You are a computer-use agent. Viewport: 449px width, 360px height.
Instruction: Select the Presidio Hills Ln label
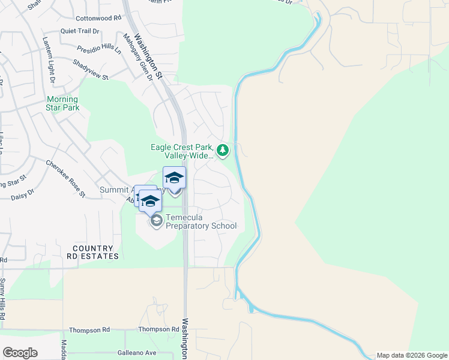99,49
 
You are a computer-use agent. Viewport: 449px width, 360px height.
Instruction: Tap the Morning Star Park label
63,103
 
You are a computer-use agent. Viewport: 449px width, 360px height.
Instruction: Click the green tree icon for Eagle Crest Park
223,150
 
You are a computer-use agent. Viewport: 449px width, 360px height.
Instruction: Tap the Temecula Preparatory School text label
200,222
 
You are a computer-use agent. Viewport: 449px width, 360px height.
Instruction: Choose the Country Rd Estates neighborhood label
92,252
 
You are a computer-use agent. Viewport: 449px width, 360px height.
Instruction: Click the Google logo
20,353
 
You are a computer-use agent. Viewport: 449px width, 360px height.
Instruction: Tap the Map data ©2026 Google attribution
412,355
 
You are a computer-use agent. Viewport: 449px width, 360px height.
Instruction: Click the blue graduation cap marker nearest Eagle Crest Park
174,178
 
